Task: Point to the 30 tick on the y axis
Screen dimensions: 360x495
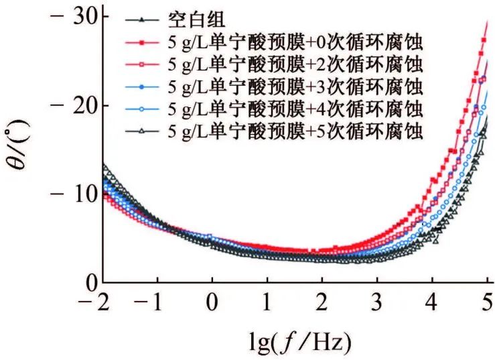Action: coord(88,17)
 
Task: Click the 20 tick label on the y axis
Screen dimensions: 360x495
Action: coord(88,105)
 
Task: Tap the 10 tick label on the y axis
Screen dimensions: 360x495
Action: coord(88,194)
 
